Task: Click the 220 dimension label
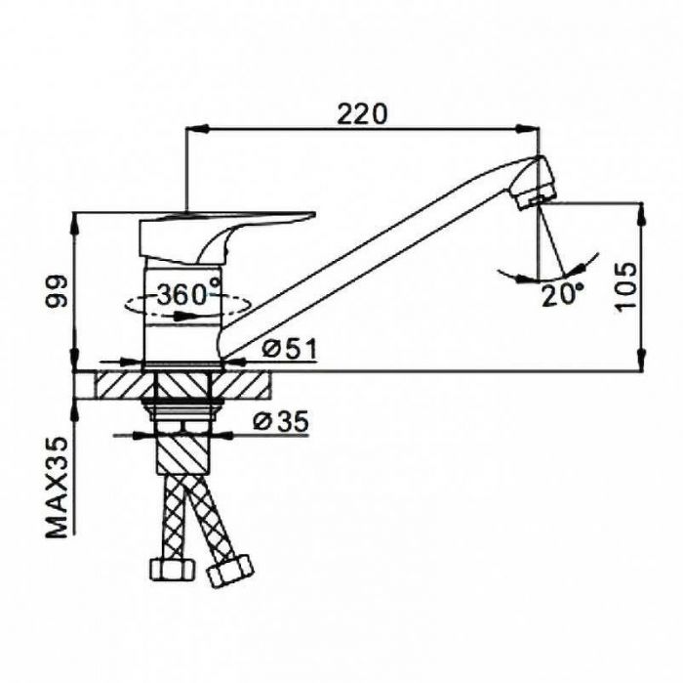362,114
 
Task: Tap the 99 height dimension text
58,291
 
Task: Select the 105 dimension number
626,286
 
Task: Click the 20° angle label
562,296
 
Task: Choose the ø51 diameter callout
289,349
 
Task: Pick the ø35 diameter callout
281,421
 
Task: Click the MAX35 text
58,488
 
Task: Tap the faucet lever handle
226,237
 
